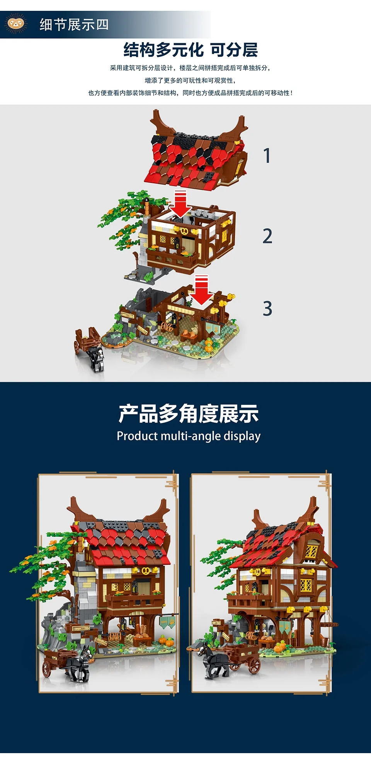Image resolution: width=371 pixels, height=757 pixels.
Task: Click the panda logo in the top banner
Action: click(x=15, y=24)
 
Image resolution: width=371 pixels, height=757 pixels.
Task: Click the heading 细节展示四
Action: click(x=74, y=25)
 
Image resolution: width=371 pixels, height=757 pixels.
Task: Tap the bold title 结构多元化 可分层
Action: click(x=191, y=50)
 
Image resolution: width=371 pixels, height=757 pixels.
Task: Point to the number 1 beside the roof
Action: click(x=267, y=155)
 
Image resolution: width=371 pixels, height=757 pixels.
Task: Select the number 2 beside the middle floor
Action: click(x=267, y=236)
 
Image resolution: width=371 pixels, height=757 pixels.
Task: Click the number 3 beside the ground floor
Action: click(x=267, y=309)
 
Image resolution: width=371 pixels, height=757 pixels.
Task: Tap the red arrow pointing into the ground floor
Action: click(x=201, y=290)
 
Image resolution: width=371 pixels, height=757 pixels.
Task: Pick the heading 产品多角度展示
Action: click(x=189, y=414)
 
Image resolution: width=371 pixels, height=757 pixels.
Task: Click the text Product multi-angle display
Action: click(x=189, y=436)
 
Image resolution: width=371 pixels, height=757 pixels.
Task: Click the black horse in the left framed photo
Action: click(x=80, y=664)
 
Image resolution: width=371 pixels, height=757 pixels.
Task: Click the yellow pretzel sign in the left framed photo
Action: click(x=146, y=571)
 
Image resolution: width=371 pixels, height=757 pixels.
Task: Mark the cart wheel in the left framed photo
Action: click(x=46, y=669)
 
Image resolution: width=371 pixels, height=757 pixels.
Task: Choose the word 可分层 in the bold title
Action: click(x=234, y=50)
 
